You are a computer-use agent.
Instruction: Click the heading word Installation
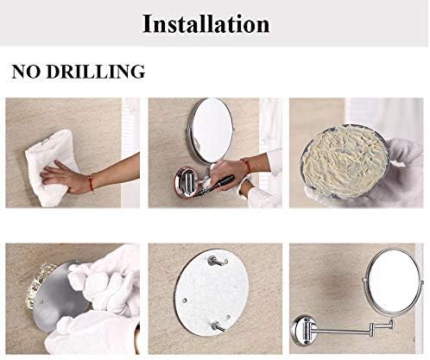tap(206, 23)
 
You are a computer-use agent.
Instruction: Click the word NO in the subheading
tap(26, 72)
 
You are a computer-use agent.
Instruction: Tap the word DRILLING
tap(96, 72)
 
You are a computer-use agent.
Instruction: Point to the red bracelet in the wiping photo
tap(91, 183)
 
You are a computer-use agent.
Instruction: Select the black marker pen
tap(222, 183)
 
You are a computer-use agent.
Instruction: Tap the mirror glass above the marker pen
tap(212, 129)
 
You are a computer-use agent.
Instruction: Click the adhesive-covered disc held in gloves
tap(345, 161)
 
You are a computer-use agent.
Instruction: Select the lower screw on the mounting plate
tap(218, 327)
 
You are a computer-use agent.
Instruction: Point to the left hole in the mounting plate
tap(184, 300)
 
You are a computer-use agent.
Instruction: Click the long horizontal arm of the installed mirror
tap(343, 331)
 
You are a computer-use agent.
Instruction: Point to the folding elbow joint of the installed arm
tap(374, 329)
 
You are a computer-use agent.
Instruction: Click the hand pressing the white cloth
tap(59, 177)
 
